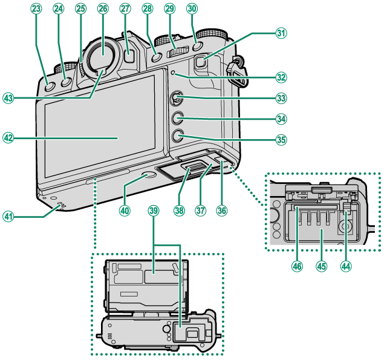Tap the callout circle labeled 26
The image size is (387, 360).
click(x=102, y=8)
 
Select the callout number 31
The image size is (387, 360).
click(x=281, y=33)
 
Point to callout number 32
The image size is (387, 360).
click(x=281, y=77)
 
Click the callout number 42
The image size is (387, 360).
click(x=8, y=137)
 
